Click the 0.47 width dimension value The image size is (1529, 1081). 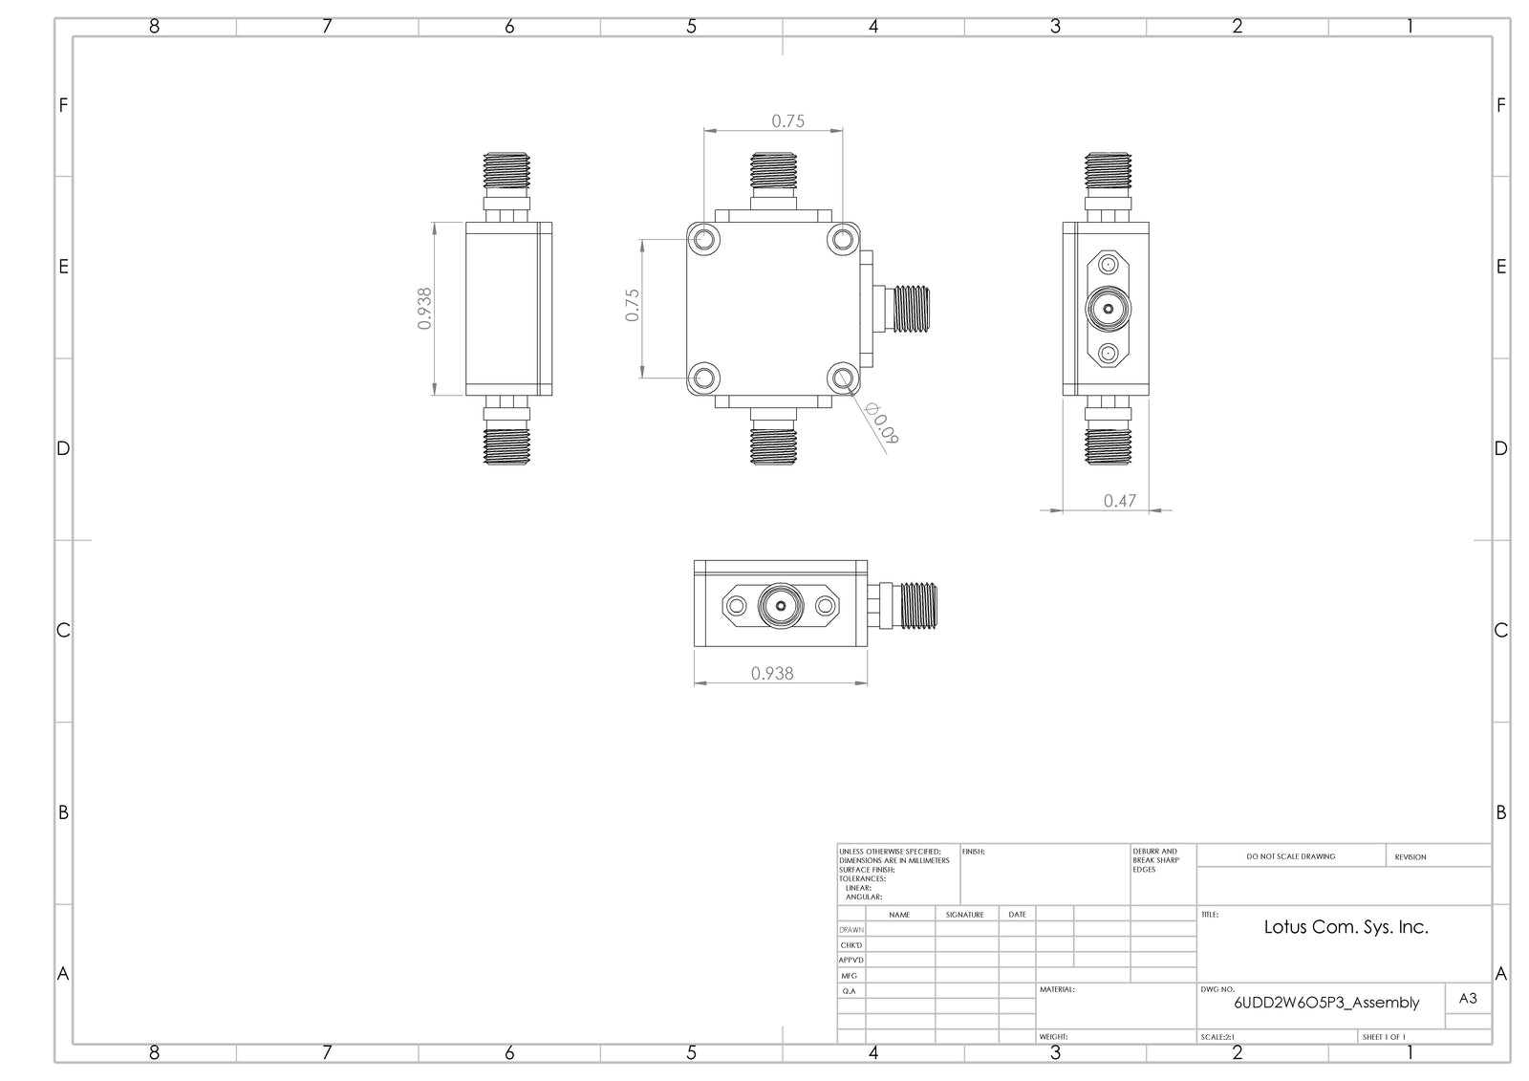click(1119, 500)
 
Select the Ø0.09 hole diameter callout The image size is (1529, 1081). click(883, 423)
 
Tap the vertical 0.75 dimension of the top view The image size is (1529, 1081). click(633, 305)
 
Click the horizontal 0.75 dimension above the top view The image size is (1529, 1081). click(787, 120)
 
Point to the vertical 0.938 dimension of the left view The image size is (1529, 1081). click(425, 308)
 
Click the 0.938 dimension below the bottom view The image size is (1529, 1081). click(771, 673)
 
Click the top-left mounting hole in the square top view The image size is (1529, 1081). click(704, 239)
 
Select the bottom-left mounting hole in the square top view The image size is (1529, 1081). click(704, 378)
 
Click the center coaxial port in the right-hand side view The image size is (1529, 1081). click(1108, 310)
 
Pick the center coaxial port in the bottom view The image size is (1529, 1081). click(779, 605)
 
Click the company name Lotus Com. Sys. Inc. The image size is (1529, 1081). click(1346, 926)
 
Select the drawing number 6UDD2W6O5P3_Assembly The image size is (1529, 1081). click(1326, 1003)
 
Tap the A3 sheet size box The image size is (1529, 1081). click(1469, 998)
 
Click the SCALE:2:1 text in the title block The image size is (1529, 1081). click(1217, 1037)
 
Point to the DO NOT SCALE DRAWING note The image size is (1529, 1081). click(1290, 856)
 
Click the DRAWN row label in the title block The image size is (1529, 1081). click(851, 930)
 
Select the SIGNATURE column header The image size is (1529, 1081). click(964, 915)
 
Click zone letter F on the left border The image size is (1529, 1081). click(63, 105)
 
